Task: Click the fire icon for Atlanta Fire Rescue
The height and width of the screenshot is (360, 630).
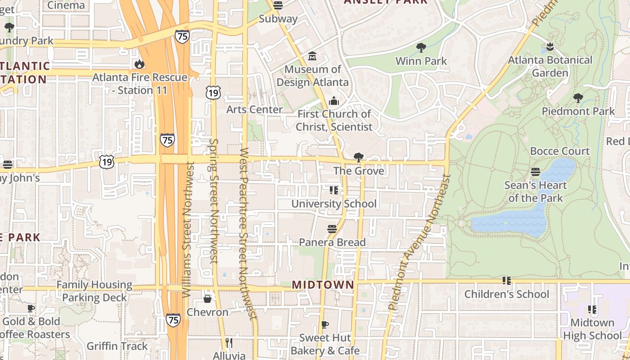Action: coord(139,64)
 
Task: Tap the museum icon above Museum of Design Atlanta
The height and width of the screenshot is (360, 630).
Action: coord(312,57)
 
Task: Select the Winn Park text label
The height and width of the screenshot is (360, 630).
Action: coord(421,61)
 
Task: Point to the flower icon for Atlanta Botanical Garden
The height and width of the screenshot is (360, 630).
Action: coord(549,46)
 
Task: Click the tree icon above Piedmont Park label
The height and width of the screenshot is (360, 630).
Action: coord(578,98)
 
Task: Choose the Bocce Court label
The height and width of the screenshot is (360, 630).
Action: coord(559,151)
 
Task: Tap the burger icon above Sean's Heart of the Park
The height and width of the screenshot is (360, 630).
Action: coord(535,172)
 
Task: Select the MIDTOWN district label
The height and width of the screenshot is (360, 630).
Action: coord(323,285)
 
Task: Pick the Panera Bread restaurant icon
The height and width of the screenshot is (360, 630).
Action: coord(332,229)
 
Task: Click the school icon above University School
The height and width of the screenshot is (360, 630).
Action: coord(333,190)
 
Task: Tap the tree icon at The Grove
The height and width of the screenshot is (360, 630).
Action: coord(359,157)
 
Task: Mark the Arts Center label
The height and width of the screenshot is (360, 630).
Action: coord(254,109)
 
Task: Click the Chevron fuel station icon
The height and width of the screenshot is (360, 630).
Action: coord(207,299)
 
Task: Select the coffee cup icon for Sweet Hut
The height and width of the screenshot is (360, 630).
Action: coord(325,324)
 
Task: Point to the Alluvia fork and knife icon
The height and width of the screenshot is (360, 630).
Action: coord(229,343)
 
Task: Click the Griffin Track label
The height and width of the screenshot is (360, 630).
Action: coord(117,346)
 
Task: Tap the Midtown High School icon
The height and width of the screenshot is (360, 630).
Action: coord(592,310)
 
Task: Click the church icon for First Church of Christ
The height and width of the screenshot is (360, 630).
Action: coord(333,101)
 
